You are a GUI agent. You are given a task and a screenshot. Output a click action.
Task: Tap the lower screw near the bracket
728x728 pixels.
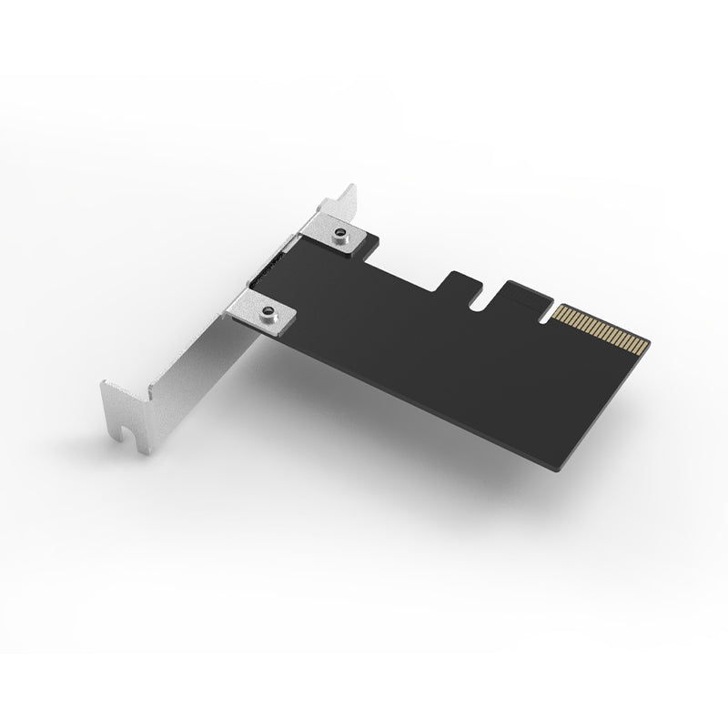pyautogui.click(x=268, y=313)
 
